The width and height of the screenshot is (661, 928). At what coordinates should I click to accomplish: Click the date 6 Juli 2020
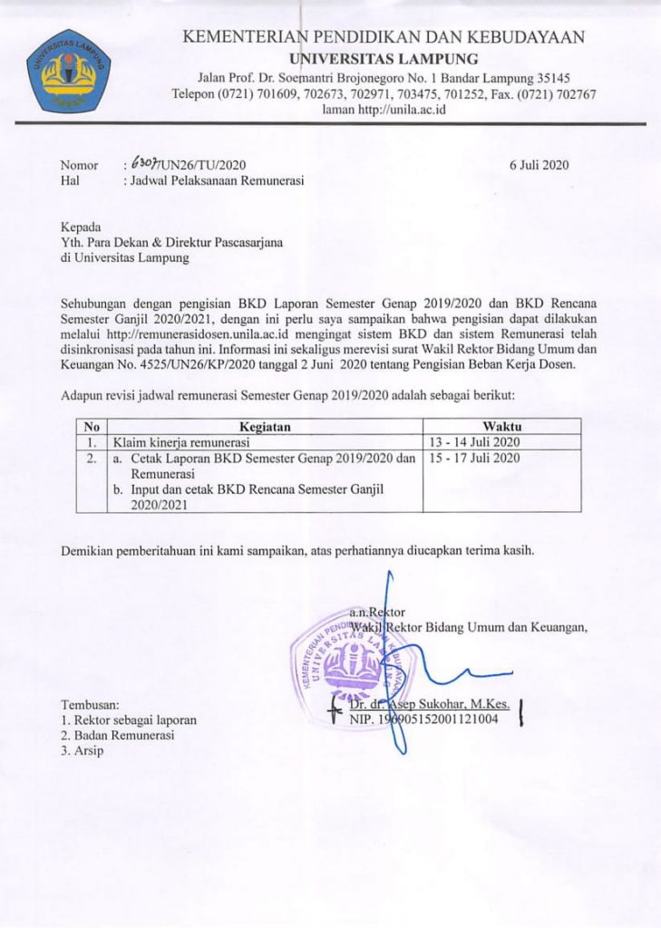click(x=539, y=165)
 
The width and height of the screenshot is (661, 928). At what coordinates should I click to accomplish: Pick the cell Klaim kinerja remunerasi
click(x=175, y=442)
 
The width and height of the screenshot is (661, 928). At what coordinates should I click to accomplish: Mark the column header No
click(x=90, y=427)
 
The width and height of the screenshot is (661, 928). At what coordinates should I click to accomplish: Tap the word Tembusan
click(x=90, y=704)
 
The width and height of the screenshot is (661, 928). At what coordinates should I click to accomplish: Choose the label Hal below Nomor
click(x=70, y=180)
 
